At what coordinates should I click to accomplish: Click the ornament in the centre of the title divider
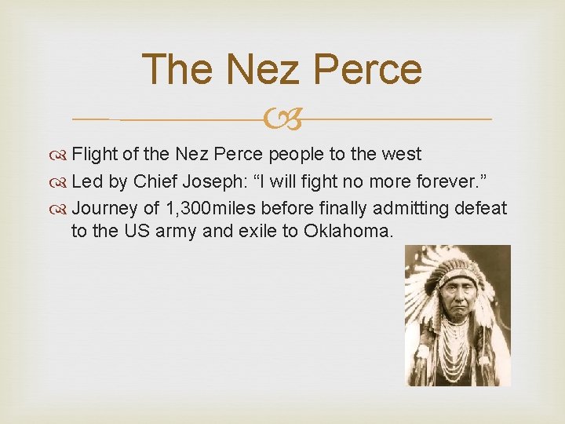pyautogui.click(x=282, y=120)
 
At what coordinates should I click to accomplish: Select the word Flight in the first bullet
pyautogui.click(x=94, y=154)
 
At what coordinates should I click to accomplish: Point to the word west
pyautogui.click(x=403, y=154)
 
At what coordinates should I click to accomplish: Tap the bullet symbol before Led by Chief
pyautogui.click(x=61, y=181)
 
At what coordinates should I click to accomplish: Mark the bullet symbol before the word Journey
pyautogui.click(x=61, y=209)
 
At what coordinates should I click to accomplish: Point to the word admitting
pyautogui.click(x=410, y=209)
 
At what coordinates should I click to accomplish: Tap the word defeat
pyautogui.click(x=483, y=209)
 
